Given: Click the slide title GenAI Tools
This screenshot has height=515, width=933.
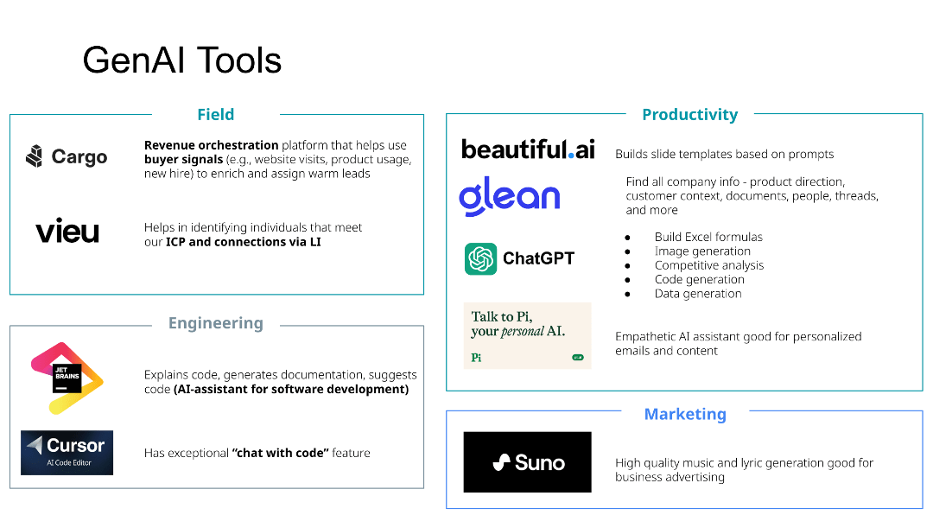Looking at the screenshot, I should click(x=181, y=61).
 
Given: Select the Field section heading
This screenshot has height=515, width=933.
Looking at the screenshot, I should click(x=215, y=115).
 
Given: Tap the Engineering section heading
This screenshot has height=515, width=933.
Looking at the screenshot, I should click(x=215, y=323).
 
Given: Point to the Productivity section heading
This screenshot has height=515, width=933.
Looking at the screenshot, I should click(x=689, y=115).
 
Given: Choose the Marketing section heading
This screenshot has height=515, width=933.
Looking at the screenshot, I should click(x=685, y=414).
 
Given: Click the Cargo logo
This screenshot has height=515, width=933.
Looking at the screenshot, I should click(x=67, y=157).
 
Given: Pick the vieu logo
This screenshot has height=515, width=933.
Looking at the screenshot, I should click(x=67, y=232).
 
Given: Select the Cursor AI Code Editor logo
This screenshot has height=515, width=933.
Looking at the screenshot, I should click(x=67, y=453).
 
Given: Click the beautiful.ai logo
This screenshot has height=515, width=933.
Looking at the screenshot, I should click(x=528, y=149).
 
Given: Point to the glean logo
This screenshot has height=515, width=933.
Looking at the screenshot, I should click(x=509, y=197).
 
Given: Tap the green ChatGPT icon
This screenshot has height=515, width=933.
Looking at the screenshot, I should click(x=480, y=258).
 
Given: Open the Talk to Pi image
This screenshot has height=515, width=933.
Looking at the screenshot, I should click(x=527, y=335).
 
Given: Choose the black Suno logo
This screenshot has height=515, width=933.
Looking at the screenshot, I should click(x=527, y=462).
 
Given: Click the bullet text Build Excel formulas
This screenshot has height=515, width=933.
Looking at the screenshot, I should click(x=708, y=237).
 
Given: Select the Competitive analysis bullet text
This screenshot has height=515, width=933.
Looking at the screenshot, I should click(x=708, y=265).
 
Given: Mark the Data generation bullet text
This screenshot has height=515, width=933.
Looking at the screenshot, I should click(x=698, y=294).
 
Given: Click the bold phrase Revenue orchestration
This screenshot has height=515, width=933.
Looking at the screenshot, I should click(x=211, y=145).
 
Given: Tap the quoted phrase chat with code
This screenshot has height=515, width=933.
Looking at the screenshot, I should click(x=280, y=453).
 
